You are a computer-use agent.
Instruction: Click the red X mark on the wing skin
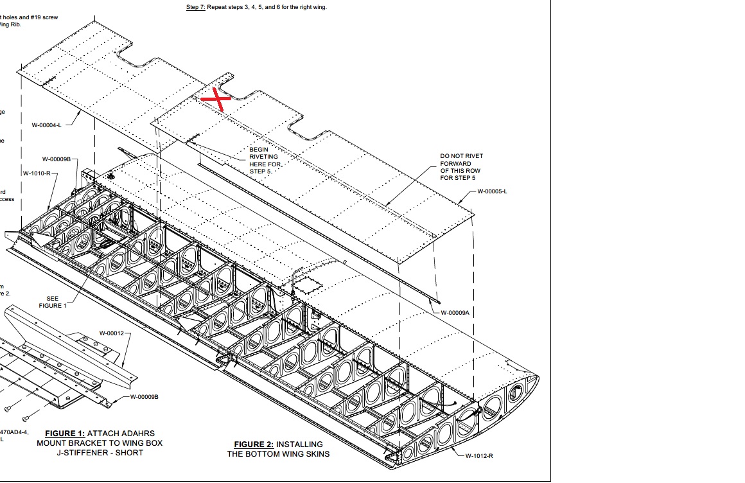[216, 98]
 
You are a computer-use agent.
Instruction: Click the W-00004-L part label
[47, 125]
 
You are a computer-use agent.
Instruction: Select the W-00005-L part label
[492, 191]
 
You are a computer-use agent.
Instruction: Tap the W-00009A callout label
[455, 312]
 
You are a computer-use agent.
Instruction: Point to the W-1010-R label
[37, 173]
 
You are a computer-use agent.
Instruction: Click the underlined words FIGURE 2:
[254, 444]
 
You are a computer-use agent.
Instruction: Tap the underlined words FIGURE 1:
[65, 434]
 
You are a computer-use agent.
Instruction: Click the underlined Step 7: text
[196, 7]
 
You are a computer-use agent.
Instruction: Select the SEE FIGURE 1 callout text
[53, 302]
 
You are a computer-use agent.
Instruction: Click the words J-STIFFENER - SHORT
[100, 452]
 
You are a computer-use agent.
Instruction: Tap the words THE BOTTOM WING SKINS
[278, 454]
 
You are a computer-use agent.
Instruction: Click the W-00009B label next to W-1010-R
[57, 159]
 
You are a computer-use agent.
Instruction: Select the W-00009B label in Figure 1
[144, 397]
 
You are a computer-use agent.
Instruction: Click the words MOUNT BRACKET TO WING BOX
[100, 443]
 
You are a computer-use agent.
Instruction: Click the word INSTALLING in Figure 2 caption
[299, 444]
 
